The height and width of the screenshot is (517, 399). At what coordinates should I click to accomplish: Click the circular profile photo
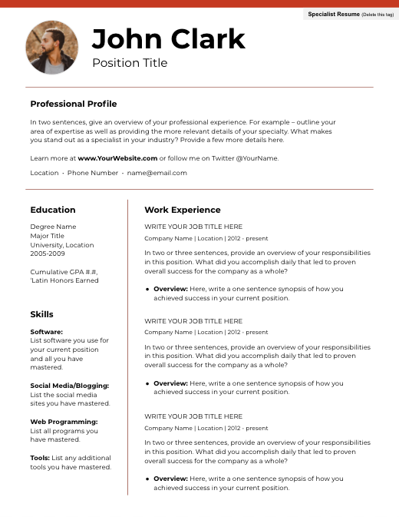pos(52,48)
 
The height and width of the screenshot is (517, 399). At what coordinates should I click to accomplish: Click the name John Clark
pos(168,38)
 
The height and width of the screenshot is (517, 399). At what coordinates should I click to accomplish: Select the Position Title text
pos(129,63)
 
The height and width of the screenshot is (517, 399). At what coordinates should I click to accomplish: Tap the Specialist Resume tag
pos(350,15)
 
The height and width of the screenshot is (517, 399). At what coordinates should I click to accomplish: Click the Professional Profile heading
pos(74,104)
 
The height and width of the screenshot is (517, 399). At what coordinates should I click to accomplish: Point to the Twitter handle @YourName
pos(257,158)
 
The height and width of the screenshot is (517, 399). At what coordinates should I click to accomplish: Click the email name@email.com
pos(157,173)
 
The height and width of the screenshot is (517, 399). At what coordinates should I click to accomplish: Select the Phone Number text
pos(93,173)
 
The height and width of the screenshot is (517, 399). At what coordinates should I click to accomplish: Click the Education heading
pos(53,210)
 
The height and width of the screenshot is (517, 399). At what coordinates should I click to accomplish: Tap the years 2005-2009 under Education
pos(48,254)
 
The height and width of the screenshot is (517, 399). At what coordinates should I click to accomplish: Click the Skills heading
pos(41,314)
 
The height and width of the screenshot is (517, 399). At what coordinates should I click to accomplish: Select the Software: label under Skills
pos(47,332)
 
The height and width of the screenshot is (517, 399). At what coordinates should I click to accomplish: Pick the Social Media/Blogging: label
pos(70,386)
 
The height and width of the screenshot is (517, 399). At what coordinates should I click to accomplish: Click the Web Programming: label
pos(64,422)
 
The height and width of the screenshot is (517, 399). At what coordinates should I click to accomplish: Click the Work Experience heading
pos(182,210)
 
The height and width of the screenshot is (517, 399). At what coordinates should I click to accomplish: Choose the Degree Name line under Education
pos(53,227)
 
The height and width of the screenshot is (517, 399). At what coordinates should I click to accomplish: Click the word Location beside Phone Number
pos(45,173)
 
